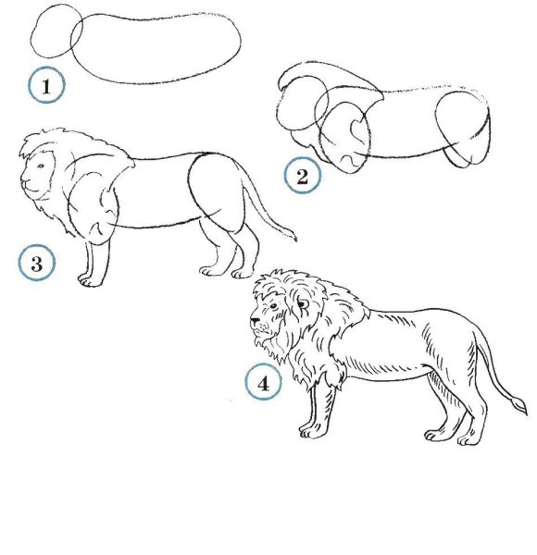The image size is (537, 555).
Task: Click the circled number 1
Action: tap(47, 85)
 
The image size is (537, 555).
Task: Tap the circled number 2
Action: tap(302, 176)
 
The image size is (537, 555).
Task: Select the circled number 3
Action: tap(37, 263)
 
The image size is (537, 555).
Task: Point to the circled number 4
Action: tap(263, 382)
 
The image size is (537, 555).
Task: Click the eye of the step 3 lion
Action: tap(41, 166)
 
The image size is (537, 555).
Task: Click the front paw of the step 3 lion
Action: tap(88, 280)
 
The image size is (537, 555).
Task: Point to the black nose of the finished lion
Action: tap(255, 321)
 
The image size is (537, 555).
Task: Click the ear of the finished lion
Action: tap(303, 304)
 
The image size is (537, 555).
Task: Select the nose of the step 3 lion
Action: tap(23, 183)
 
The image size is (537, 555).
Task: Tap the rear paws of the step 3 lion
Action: tap(226, 272)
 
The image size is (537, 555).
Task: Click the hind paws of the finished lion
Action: tap(450, 438)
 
